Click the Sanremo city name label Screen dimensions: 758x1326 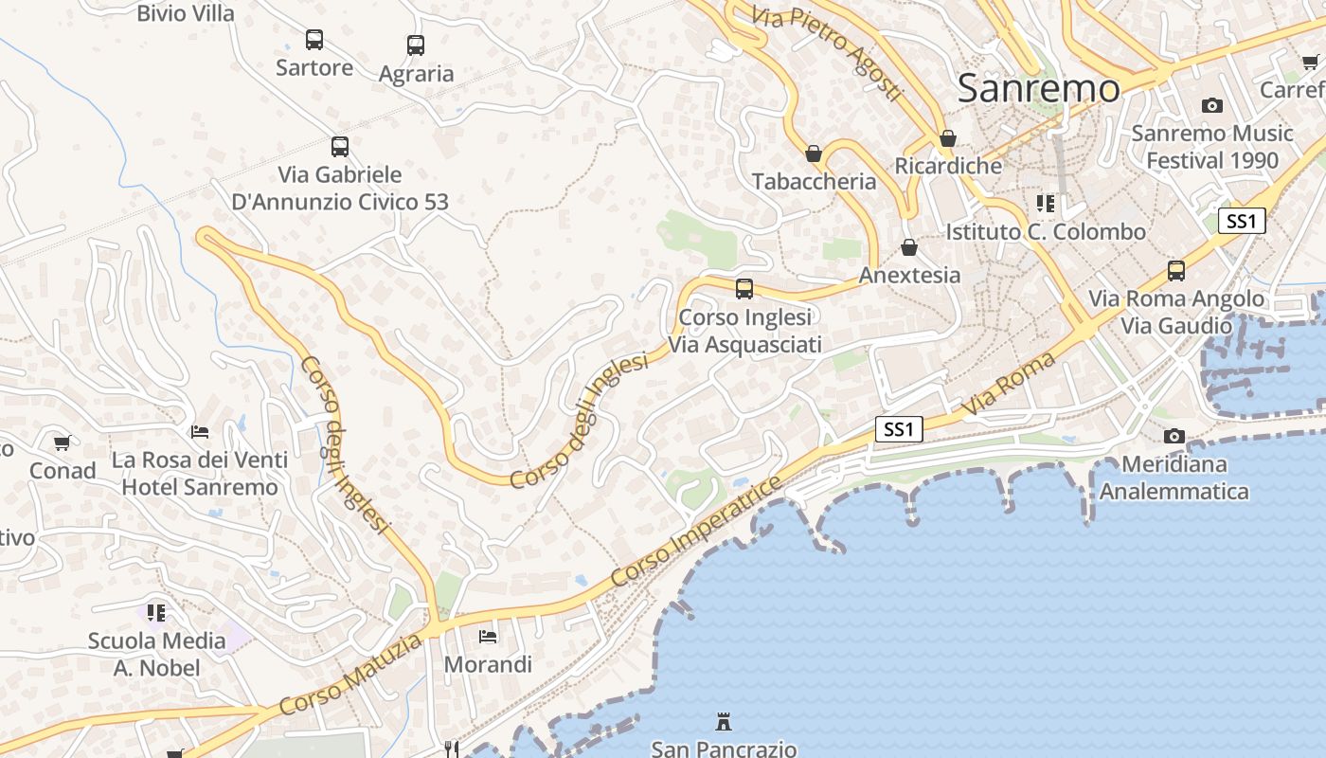tap(1039, 88)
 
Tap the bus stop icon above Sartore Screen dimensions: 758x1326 tap(314, 40)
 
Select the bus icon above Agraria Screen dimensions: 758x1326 tap(416, 45)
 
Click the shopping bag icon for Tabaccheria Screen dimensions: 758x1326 tap(813, 153)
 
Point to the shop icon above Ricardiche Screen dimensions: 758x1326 tap(947, 138)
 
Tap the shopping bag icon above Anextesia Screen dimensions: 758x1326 tap(909, 247)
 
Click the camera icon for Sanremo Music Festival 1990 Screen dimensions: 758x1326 tap(1211, 105)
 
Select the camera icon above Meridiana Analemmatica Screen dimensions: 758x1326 tap(1174, 436)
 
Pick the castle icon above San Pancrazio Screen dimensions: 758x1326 tap(724, 723)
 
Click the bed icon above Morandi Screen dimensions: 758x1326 tap(488, 636)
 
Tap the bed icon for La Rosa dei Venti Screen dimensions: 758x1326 tap(200, 432)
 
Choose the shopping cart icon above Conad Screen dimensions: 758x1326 tap(63, 442)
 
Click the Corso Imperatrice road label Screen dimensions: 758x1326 tap(697, 532)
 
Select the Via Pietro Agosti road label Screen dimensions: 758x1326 tap(827, 53)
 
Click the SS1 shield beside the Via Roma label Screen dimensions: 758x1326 tap(897, 429)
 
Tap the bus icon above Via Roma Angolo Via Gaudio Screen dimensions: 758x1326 tap(1176, 271)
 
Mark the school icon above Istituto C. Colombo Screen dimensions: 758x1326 tap(1046, 203)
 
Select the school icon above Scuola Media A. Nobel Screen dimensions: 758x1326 tap(156, 612)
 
